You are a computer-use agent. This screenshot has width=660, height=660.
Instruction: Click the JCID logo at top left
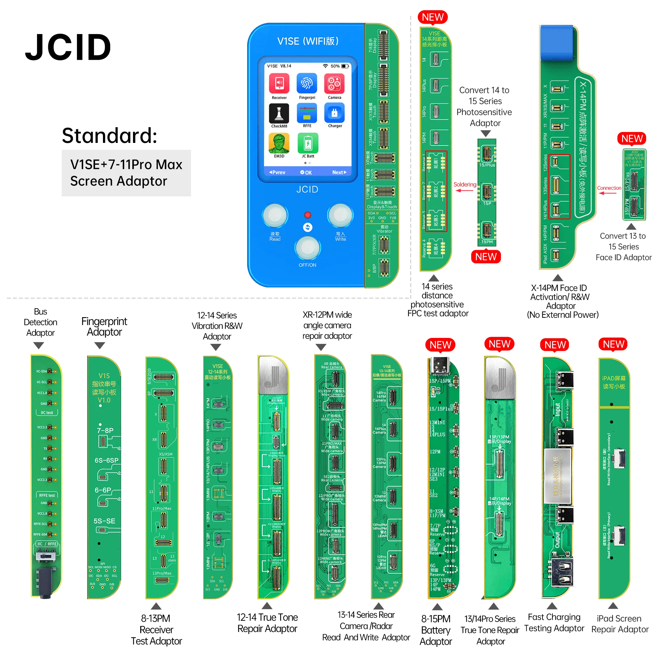click(x=68, y=47)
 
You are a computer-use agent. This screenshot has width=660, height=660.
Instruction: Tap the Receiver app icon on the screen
click(x=279, y=84)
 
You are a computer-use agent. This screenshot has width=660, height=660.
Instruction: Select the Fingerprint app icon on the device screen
click(x=307, y=84)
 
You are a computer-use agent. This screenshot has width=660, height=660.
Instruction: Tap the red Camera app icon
click(x=334, y=84)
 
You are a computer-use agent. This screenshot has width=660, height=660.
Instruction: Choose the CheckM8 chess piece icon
click(x=279, y=114)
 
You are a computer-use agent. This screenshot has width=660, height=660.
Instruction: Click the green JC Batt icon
click(x=308, y=144)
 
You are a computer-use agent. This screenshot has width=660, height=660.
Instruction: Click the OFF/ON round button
click(x=308, y=248)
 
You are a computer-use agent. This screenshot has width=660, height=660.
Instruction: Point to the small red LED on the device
click(x=308, y=215)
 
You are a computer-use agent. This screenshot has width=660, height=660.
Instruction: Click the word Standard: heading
click(x=109, y=136)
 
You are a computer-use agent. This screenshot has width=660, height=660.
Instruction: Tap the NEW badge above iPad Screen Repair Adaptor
click(x=613, y=344)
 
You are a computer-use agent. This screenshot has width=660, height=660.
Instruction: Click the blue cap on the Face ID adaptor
click(x=556, y=42)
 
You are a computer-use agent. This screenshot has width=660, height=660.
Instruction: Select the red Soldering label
click(x=465, y=184)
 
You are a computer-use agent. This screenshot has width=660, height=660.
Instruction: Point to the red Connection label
click(x=609, y=188)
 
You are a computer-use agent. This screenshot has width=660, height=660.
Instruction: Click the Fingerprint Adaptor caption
click(x=104, y=327)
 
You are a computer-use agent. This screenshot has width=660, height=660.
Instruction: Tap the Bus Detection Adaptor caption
click(x=40, y=322)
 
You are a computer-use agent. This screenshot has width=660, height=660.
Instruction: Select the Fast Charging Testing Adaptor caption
click(x=554, y=622)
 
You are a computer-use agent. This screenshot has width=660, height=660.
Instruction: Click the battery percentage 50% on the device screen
click(x=335, y=66)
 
